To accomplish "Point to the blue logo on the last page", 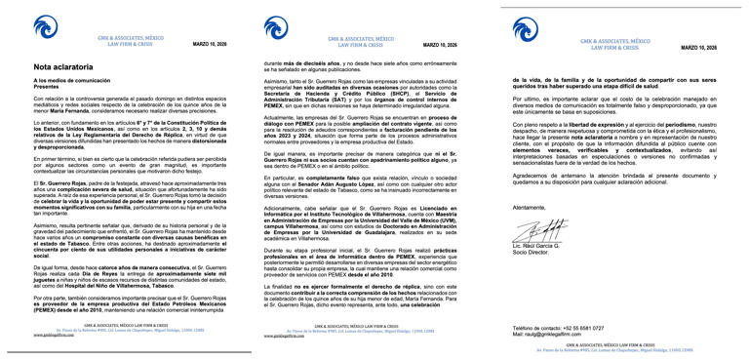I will [527, 28].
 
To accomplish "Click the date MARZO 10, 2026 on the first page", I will [210, 45].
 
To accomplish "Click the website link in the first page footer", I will [54, 335].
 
